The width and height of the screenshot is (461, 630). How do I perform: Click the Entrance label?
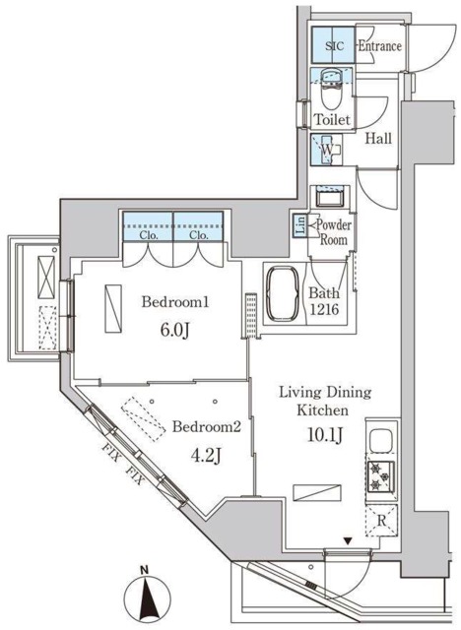click(x=378, y=45)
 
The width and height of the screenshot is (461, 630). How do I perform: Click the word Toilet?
click(x=332, y=120)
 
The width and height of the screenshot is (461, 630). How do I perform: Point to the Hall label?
click(x=379, y=140)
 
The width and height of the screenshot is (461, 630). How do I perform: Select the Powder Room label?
click(x=332, y=231)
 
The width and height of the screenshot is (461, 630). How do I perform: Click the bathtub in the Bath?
click(x=285, y=291)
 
